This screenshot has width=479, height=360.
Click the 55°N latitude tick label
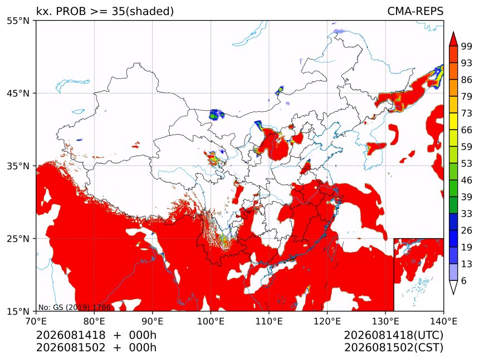(17, 21)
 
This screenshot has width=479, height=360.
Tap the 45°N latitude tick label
(17, 93)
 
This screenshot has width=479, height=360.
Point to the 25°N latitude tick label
(17, 239)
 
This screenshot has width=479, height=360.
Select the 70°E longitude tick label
(36, 321)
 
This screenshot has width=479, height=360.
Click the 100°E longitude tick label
(211, 321)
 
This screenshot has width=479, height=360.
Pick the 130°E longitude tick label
(385, 321)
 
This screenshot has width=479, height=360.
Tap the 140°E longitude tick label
(443, 321)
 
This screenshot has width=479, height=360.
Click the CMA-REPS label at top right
(415, 11)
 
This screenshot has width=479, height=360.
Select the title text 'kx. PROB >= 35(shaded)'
(105, 11)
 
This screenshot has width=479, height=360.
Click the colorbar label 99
(467, 46)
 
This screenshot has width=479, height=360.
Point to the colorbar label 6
(464, 280)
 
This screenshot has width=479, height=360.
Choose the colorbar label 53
(467, 164)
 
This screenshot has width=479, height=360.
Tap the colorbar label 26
(467, 230)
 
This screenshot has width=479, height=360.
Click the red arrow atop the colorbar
(453, 40)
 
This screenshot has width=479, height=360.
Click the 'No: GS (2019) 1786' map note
(74, 307)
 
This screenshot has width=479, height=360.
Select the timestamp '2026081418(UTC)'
(393, 335)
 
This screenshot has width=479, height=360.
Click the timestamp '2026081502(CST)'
(393, 348)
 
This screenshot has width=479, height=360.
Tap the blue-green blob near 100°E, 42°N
(216, 115)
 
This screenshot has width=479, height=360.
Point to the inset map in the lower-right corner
(418, 274)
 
